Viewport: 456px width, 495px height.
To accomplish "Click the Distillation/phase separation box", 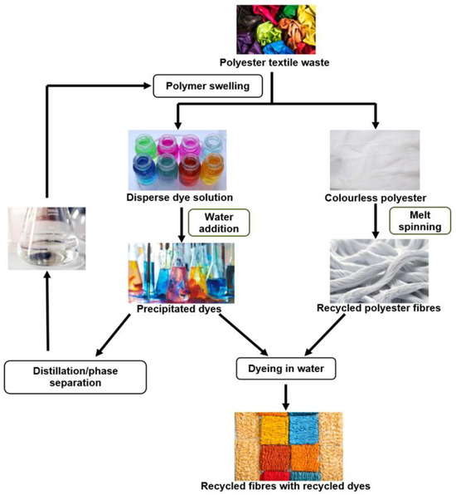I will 51,375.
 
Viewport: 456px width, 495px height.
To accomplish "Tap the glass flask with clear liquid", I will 46,238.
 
